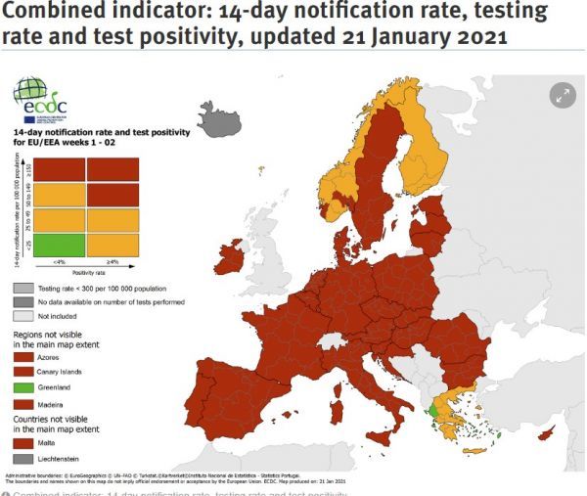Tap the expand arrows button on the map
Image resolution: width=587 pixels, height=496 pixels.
562,95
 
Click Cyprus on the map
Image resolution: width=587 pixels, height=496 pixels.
562,431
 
